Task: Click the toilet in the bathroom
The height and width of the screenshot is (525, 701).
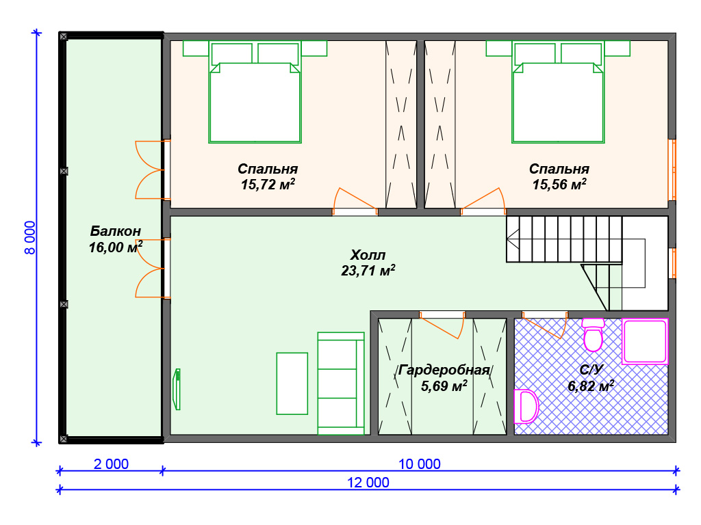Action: coord(594,335)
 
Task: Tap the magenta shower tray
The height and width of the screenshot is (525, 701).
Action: coord(645,342)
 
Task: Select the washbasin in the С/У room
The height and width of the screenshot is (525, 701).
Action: coord(526,406)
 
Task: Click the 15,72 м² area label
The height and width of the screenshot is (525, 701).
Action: coord(268,185)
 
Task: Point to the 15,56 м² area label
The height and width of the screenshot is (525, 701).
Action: coord(559,185)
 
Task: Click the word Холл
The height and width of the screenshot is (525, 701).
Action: coord(368,255)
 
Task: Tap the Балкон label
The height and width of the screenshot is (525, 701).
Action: coord(115,231)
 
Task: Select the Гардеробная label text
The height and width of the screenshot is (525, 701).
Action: coord(444,370)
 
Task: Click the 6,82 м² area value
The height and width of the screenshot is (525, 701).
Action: coord(591,386)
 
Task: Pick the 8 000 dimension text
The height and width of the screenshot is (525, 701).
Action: coord(30,237)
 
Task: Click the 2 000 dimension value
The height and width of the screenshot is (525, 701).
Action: coord(111,464)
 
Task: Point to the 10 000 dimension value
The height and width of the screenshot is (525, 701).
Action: coord(420,464)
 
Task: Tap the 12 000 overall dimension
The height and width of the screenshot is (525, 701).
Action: coord(368,483)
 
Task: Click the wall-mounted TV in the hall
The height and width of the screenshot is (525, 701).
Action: coord(177,389)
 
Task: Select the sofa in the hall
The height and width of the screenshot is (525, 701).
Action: coord(341,383)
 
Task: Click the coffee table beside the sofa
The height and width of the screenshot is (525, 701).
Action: coord(292,383)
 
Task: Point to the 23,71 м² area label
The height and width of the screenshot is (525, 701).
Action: coord(368,271)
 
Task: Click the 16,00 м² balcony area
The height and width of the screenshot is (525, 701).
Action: coord(115,247)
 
